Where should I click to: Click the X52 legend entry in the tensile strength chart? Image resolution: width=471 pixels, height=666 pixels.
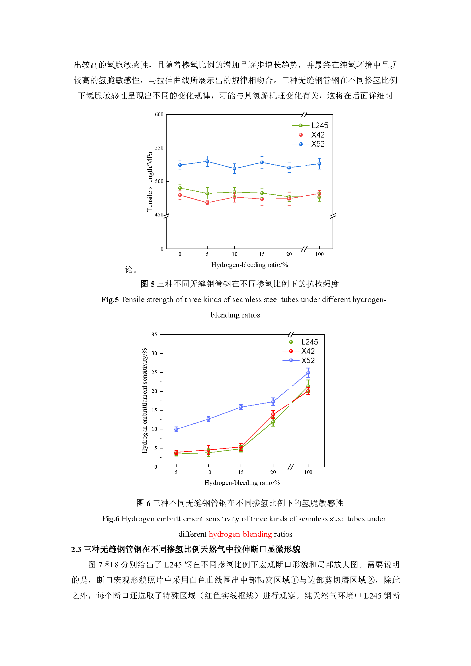pyautogui.click(x=308, y=144)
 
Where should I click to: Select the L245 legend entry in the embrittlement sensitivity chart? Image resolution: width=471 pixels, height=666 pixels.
pyautogui.click(x=300, y=342)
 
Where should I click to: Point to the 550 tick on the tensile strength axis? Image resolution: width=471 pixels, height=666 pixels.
pyautogui.click(x=159, y=148)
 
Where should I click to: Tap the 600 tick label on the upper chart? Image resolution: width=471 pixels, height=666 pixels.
pyautogui.click(x=159, y=114)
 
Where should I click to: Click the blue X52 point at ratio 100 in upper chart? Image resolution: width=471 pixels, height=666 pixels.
pyautogui.click(x=319, y=164)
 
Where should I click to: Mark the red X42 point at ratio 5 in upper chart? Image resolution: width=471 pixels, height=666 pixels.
pyautogui.click(x=207, y=203)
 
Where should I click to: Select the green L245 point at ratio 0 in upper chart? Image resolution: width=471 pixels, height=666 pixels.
pyautogui.click(x=180, y=188)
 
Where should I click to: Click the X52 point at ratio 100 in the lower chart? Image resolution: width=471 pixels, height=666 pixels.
pyautogui.click(x=308, y=373)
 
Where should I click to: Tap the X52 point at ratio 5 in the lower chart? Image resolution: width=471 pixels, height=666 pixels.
pyautogui.click(x=176, y=429)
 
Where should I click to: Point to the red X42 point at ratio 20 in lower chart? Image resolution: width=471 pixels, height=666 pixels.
pyautogui.click(x=273, y=414)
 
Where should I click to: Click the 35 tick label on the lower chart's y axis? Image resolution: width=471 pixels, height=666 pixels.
pyautogui.click(x=154, y=335)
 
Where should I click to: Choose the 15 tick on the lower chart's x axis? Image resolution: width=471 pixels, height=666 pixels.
pyautogui.click(x=241, y=472)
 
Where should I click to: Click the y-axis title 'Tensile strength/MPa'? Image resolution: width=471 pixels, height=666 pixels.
pyautogui.click(x=150, y=182)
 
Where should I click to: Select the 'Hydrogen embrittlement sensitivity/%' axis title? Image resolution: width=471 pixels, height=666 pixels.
pyautogui.click(x=144, y=401)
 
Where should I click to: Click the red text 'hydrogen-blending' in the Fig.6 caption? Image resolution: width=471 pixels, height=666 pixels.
pyautogui.click(x=240, y=534)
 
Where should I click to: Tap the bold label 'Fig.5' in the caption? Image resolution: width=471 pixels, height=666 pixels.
pyautogui.click(x=110, y=299)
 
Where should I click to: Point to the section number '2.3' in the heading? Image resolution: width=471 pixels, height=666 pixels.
pyautogui.click(x=76, y=549)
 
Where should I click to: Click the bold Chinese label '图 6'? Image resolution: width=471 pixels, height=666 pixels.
pyautogui.click(x=144, y=503)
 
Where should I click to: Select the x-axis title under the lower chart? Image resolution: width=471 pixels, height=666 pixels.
pyautogui.click(x=242, y=483)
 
